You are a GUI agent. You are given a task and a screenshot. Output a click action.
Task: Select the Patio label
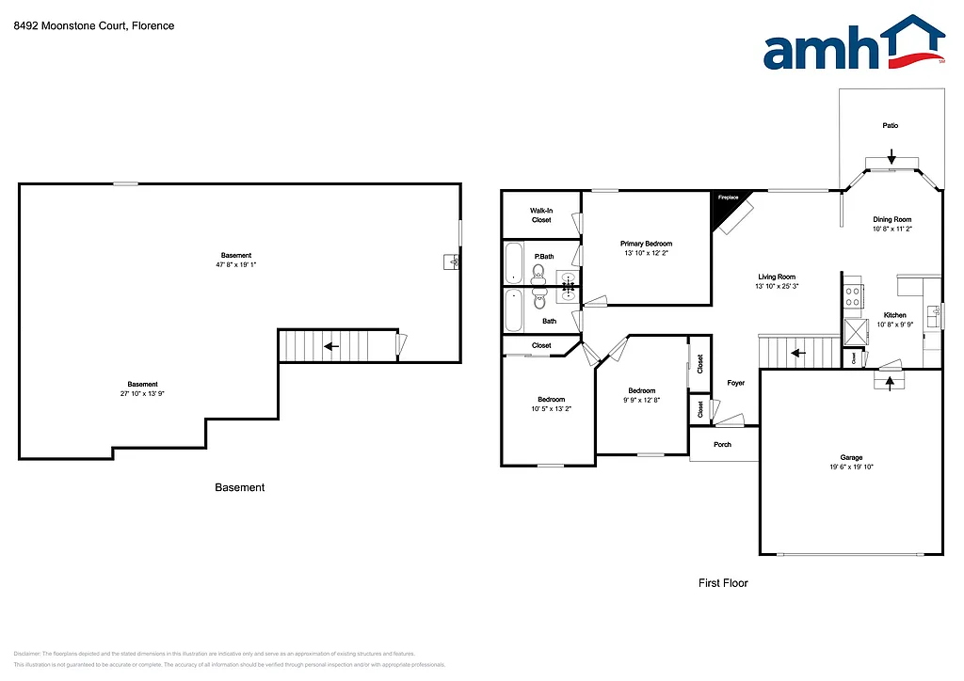point(890,125)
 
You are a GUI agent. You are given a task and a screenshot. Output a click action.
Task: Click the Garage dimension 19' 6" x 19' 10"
point(851,467)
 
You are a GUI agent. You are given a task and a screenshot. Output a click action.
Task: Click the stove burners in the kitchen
point(853,296)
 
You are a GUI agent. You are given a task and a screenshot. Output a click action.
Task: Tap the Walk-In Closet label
point(540,215)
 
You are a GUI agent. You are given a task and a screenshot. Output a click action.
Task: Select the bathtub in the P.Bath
point(513,263)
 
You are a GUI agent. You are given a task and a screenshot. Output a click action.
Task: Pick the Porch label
point(722,445)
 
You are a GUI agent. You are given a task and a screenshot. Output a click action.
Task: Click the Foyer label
point(735,383)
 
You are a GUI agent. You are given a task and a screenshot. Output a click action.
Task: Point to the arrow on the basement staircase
point(331,346)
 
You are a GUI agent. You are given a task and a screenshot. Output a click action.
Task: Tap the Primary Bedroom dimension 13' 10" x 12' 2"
point(646,253)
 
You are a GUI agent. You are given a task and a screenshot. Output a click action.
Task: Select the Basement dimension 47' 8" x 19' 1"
point(236,265)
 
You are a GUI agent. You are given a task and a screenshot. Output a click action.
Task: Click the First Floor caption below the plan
point(722,583)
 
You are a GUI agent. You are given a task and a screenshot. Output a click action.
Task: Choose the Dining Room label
point(892,219)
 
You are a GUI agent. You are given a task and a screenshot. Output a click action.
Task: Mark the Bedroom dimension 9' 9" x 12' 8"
point(642,400)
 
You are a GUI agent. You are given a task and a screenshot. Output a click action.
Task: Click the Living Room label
point(777,277)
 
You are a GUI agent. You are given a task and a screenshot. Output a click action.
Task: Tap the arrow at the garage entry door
point(889,383)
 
